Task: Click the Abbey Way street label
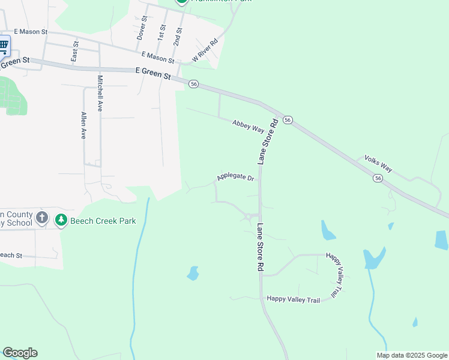pos(249,126)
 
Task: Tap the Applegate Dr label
pos(236,177)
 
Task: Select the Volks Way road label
pos(378,164)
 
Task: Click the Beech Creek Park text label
pos(103,221)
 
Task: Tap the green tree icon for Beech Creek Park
pos(61,220)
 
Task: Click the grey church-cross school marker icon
pos(42,217)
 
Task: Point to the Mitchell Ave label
pos(100,94)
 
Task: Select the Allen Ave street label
pos(84,125)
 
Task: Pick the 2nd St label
pos(177,35)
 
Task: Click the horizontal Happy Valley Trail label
pos(294,298)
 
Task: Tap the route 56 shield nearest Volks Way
pos(378,178)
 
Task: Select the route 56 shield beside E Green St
pos(193,84)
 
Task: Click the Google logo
pos(20,353)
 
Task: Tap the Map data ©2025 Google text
pos(411,355)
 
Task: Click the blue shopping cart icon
pos(4,44)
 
